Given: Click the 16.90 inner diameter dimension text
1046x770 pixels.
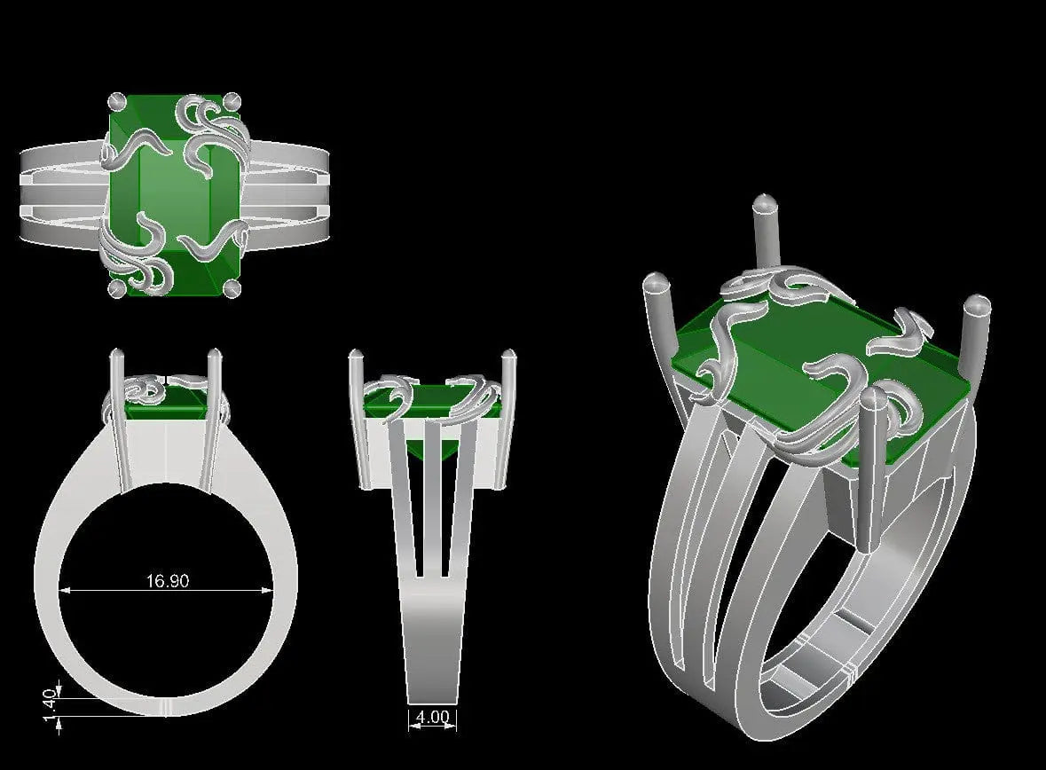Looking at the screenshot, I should tap(168, 582).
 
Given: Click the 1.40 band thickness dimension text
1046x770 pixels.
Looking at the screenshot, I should tap(50, 707).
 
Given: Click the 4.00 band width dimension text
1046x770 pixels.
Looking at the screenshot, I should tap(432, 717).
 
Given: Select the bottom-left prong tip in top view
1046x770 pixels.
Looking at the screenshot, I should tap(115, 288).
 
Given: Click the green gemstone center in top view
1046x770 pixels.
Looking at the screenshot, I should tap(174, 193).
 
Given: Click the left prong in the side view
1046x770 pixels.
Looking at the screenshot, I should tap(359, 417).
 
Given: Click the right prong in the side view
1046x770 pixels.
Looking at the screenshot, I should tap(510, 417).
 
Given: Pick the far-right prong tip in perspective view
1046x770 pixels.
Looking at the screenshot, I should tap(975, 306).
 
